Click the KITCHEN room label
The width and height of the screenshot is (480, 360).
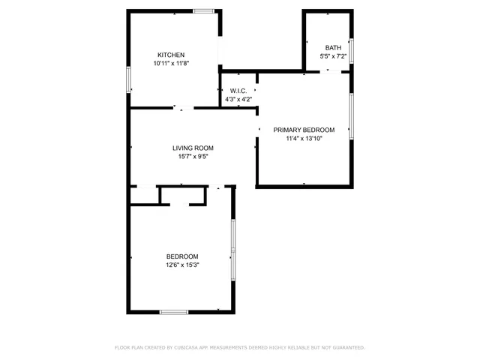click(x=171, y=55)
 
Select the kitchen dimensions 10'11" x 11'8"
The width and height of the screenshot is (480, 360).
click(x=171, y=64)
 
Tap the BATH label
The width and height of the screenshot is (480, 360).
click(x=332, y=47)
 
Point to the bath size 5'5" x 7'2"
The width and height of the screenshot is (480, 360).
click(x=333, y=56)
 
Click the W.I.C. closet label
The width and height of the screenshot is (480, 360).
click(x=238, y=91)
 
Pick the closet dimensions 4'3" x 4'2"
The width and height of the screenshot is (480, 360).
click(x=238, y=99)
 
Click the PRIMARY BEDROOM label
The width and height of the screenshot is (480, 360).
click(x=304, y=130)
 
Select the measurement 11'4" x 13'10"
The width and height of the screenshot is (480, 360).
click(x=304, y=139)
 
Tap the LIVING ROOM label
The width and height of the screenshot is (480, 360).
click(x=193, y=148)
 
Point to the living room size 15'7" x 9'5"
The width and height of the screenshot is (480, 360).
click(x=193, y=157)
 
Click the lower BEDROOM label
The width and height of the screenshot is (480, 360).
click(x=182, y=256)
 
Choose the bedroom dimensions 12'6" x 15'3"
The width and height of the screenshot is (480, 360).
click(x=182, y=265)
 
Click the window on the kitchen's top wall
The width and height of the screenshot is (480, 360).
click(x=203, y=10)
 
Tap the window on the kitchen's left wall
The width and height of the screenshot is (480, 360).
click(x=128, y=80)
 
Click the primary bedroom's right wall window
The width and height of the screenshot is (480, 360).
click(x=351, y=115)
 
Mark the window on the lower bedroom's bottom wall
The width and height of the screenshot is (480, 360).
click(x=174, y=311)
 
